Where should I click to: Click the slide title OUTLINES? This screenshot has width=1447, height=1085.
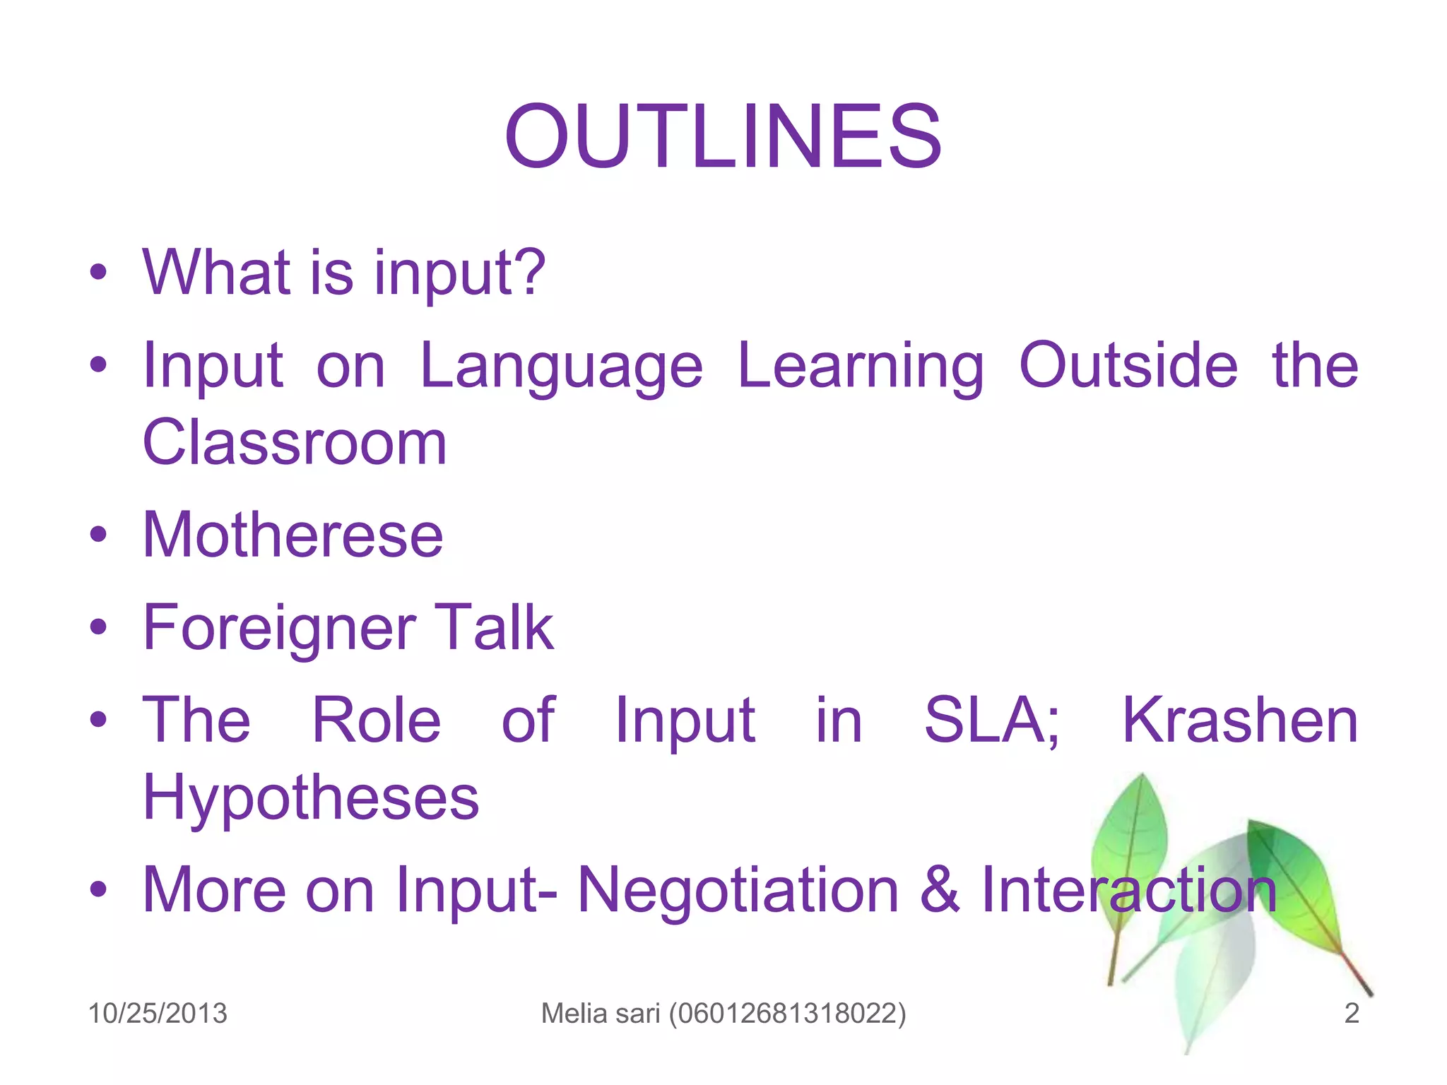click(x=723, y=136)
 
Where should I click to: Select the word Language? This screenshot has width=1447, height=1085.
click(x=561, y=367)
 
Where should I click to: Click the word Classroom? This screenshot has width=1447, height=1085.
click(x=295, y=443)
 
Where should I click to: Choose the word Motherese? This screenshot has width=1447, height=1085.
click(x=293, y=535)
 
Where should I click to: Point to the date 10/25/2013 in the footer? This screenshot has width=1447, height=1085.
click(x=158, y=1013)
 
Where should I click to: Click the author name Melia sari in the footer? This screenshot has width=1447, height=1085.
click(x=601, y=1013)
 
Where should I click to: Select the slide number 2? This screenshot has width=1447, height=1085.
click(x=1351, y=1013)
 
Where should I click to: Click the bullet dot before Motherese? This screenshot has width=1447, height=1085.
click(x=98, y=535)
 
